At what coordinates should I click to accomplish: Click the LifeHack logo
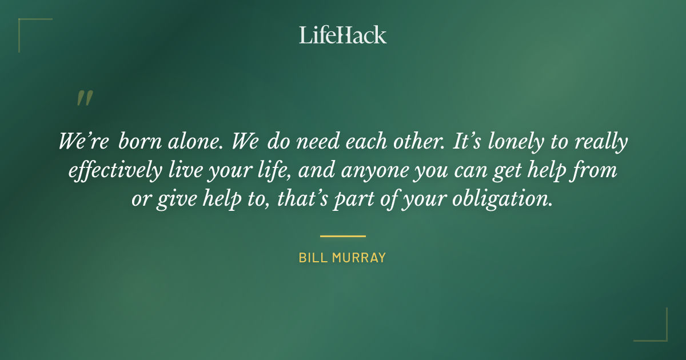coord(342,35)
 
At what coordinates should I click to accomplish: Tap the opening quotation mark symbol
coord(84,98)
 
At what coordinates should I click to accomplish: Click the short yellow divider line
coord(342,235)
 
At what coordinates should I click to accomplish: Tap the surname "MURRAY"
coord(359,258)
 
